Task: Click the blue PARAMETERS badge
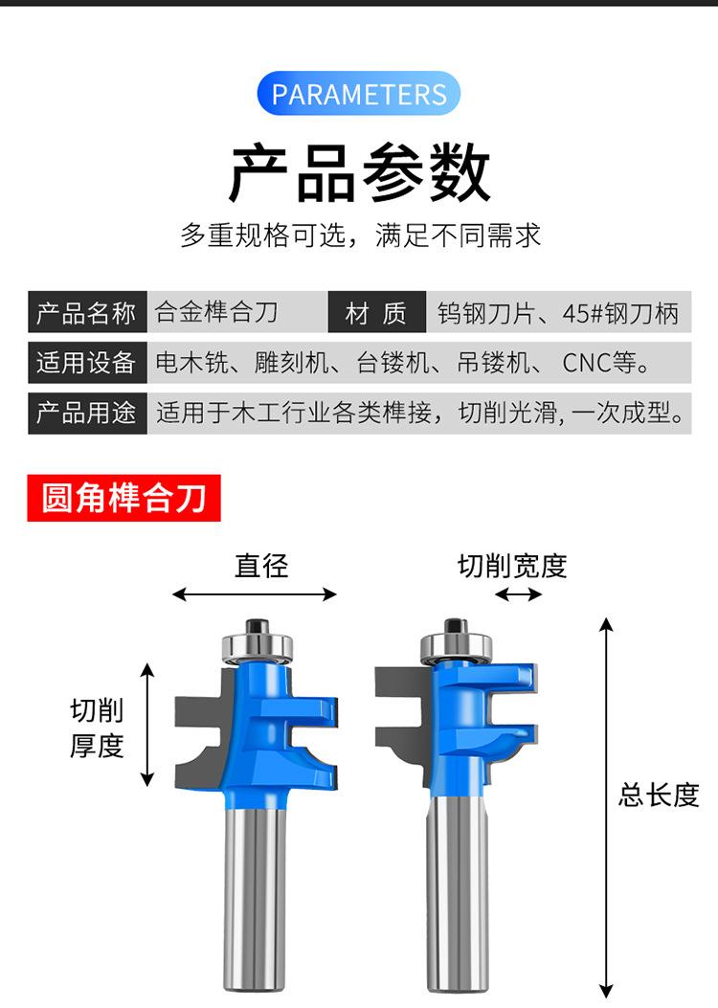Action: click(359, 94)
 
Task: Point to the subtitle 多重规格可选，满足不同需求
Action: click(360, 235)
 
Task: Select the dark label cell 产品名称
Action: click(87, 312)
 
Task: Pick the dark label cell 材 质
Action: click(376, 312)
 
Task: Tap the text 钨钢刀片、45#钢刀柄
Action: click(558, 313)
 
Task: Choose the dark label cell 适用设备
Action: click(87, 363)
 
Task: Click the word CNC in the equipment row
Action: click(584, 363)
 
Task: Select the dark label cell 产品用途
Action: click(87, 414)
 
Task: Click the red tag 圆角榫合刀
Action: click(123, 498)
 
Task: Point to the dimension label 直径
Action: click(261, 566)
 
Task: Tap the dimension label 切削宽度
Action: click(512, 567)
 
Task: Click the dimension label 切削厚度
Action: click(98, 728)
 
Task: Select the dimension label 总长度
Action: click(660, 795)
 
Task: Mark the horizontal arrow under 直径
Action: click(255, 594)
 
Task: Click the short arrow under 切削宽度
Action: click(518, 594)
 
